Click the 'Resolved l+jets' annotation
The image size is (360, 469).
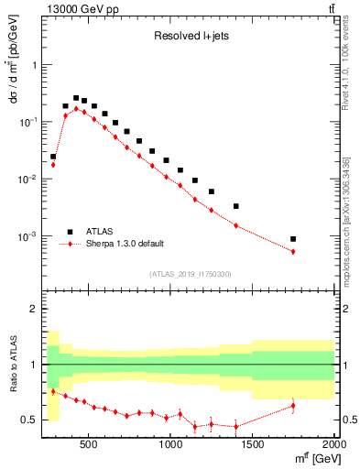(191, 37)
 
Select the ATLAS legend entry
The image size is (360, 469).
(101, 232)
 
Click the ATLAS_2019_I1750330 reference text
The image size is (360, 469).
(191, 274)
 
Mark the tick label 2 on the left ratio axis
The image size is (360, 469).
(34, 310)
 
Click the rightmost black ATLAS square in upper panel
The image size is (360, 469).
(293, 239)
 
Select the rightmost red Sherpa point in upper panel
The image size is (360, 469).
(293, 251)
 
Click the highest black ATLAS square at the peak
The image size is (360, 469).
(76, 98)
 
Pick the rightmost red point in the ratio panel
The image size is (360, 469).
(293, 405)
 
